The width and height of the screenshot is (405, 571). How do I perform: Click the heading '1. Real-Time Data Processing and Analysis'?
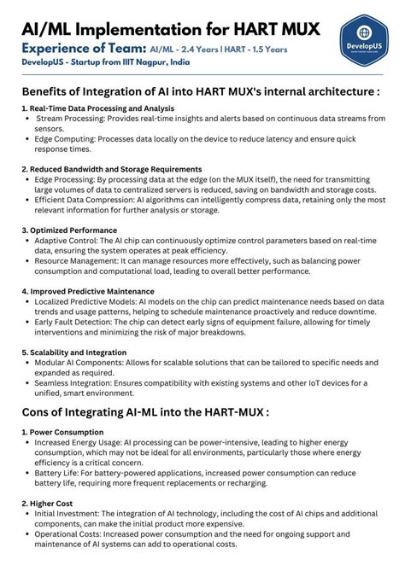click(x=98, y=109)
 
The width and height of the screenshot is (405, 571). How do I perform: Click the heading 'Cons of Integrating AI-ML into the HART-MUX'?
click(x=145, y=412)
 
